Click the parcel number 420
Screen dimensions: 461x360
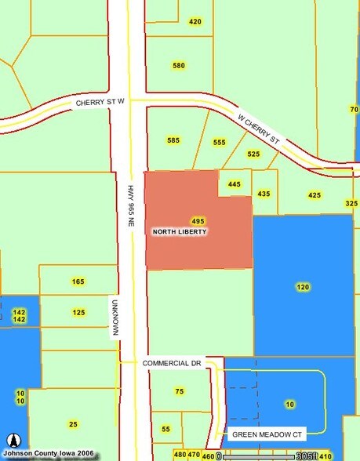(195, 21)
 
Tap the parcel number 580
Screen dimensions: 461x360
(179, 66)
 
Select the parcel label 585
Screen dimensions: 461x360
(173, 140)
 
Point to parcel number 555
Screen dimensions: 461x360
(219, 142)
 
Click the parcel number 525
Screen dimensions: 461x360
(253, 154)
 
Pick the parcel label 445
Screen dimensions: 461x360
(234, 184)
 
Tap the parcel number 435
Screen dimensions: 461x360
(264, 194)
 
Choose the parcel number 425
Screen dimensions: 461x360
(315, 195)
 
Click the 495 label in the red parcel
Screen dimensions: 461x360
(198, 221)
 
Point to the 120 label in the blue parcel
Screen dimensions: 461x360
(303, 287)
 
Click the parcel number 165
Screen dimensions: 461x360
(78, 281)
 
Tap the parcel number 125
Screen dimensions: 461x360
(78, 313)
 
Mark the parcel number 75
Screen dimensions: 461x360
(180, 391)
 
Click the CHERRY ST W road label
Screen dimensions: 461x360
(101, 103)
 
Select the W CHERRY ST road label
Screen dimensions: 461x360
(259, 129)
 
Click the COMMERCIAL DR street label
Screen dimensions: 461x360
(173, 364)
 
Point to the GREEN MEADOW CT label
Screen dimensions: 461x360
(267, 434)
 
